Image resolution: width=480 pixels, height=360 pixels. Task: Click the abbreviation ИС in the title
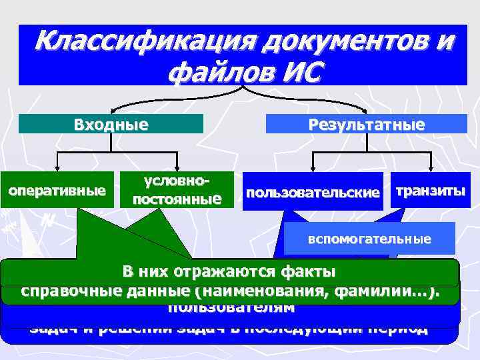tap(297, 71)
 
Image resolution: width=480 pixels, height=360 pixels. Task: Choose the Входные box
tap(111, 124)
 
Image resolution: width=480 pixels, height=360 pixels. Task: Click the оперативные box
tap(57, 191)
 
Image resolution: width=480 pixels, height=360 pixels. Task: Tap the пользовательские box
tap(313, 193)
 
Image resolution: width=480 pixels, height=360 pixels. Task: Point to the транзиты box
tap(431, 191)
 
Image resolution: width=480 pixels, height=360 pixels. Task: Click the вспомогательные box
tap(369, 239)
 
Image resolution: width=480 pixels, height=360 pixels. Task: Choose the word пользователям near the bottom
tap(231, 307)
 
